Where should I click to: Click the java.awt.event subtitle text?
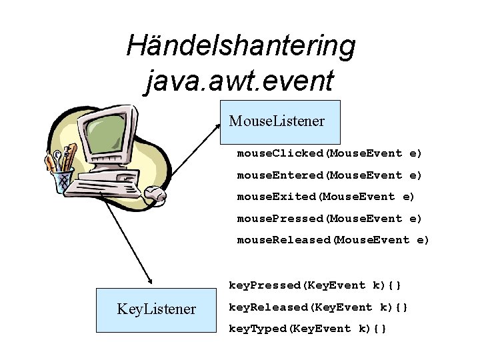click(239, 81)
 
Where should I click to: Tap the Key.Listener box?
click(157, 309)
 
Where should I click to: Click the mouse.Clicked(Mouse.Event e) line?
click(330, 153)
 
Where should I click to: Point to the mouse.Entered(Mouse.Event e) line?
click(330, 175)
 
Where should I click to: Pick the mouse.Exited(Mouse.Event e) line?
click(326, 197)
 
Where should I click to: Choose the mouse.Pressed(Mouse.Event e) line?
click(330, 219)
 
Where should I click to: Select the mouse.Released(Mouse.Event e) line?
click(333, 240)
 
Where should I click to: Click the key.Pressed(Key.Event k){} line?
click(315, 285)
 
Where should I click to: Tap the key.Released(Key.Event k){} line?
click(319, 307)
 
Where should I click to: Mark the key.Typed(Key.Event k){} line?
click(308, 329)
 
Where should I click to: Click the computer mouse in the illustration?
click(155, 194)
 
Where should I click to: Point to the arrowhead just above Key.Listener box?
click(150, 283)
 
